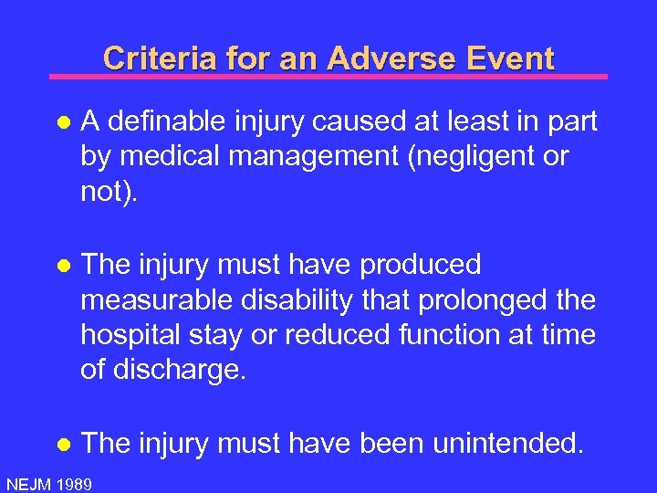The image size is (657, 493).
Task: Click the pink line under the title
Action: click(x=328, y=77)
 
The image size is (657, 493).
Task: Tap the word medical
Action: click(x=161, y=156)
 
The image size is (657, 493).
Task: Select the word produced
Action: click(x=421, y=265)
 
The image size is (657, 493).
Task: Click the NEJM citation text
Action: click(x=27, y=483)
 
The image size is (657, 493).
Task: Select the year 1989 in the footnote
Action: click(x=72, y=483)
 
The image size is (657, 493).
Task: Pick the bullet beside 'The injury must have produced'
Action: click(x=61, y=266)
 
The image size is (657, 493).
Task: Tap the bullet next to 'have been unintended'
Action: click(x=61, y=445)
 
